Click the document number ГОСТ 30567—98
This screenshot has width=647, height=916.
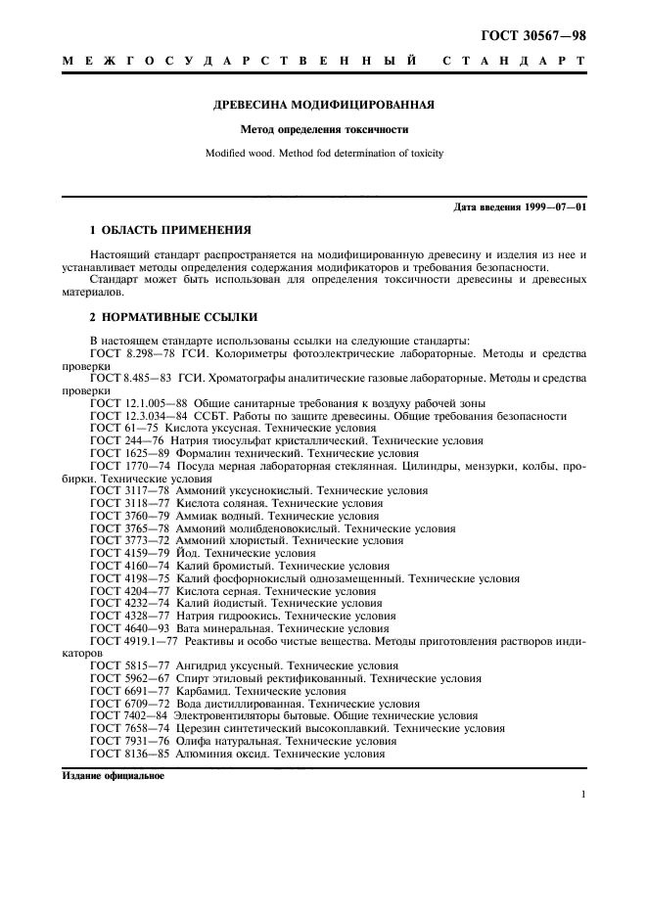point(534,35)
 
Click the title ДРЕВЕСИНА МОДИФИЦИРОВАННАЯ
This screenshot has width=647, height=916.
point(324,105)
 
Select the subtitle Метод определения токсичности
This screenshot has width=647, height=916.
point(324,129)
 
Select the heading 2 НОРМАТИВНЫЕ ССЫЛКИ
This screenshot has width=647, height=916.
point(173,317)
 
